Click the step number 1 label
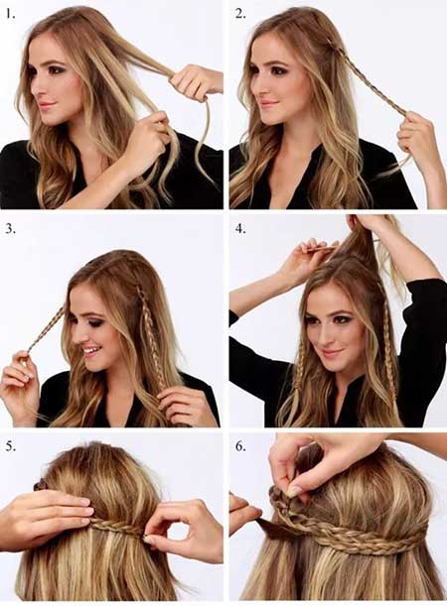pyautogui.click(x=11, y=15)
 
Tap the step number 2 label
pyautogui.click(x=240, y=14)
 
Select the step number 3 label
pyautogui.click(x=11, y=229)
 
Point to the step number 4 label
pyautogui.click(x=240, y=228)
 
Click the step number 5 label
pyautogui.click(x=11, y=446)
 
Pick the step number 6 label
pyautogui.click(x=240, y=446)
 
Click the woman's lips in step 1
pyautogui.click(x=48, y=105)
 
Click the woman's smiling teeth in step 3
pyautogui.click(x=90, y=351)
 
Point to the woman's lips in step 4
pyautogui.click(x=333, y=353)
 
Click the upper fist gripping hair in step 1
pyautogui.click(x=196, y=82)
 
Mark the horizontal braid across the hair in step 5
pyautogui.click(x=119, y=527)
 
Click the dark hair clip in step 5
pyautogui.click(x=40, y=484)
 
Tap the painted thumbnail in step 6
pyautogui.click(x=294, y=491)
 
